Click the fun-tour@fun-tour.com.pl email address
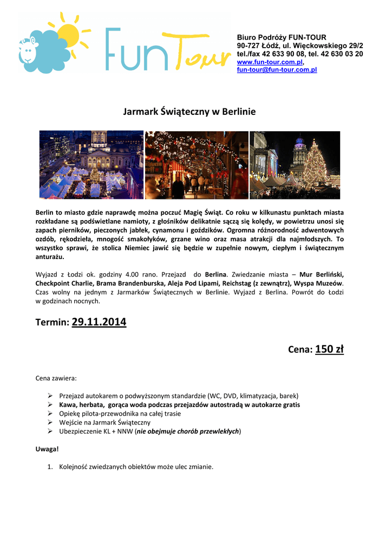click(277, 70)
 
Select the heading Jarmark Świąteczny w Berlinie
click(190, 112)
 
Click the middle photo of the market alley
click(197, 165)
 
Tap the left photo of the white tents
click(91, 165)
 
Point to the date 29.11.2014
click(99, 322)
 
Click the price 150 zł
click(329, 349)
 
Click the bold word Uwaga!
click(47, 449)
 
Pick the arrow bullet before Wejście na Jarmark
click(49, 422)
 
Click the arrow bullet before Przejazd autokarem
click(49, 396)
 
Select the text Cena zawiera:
click(56, 378)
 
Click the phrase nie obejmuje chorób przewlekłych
click(188, 431)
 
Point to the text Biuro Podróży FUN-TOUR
click(282, 37)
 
